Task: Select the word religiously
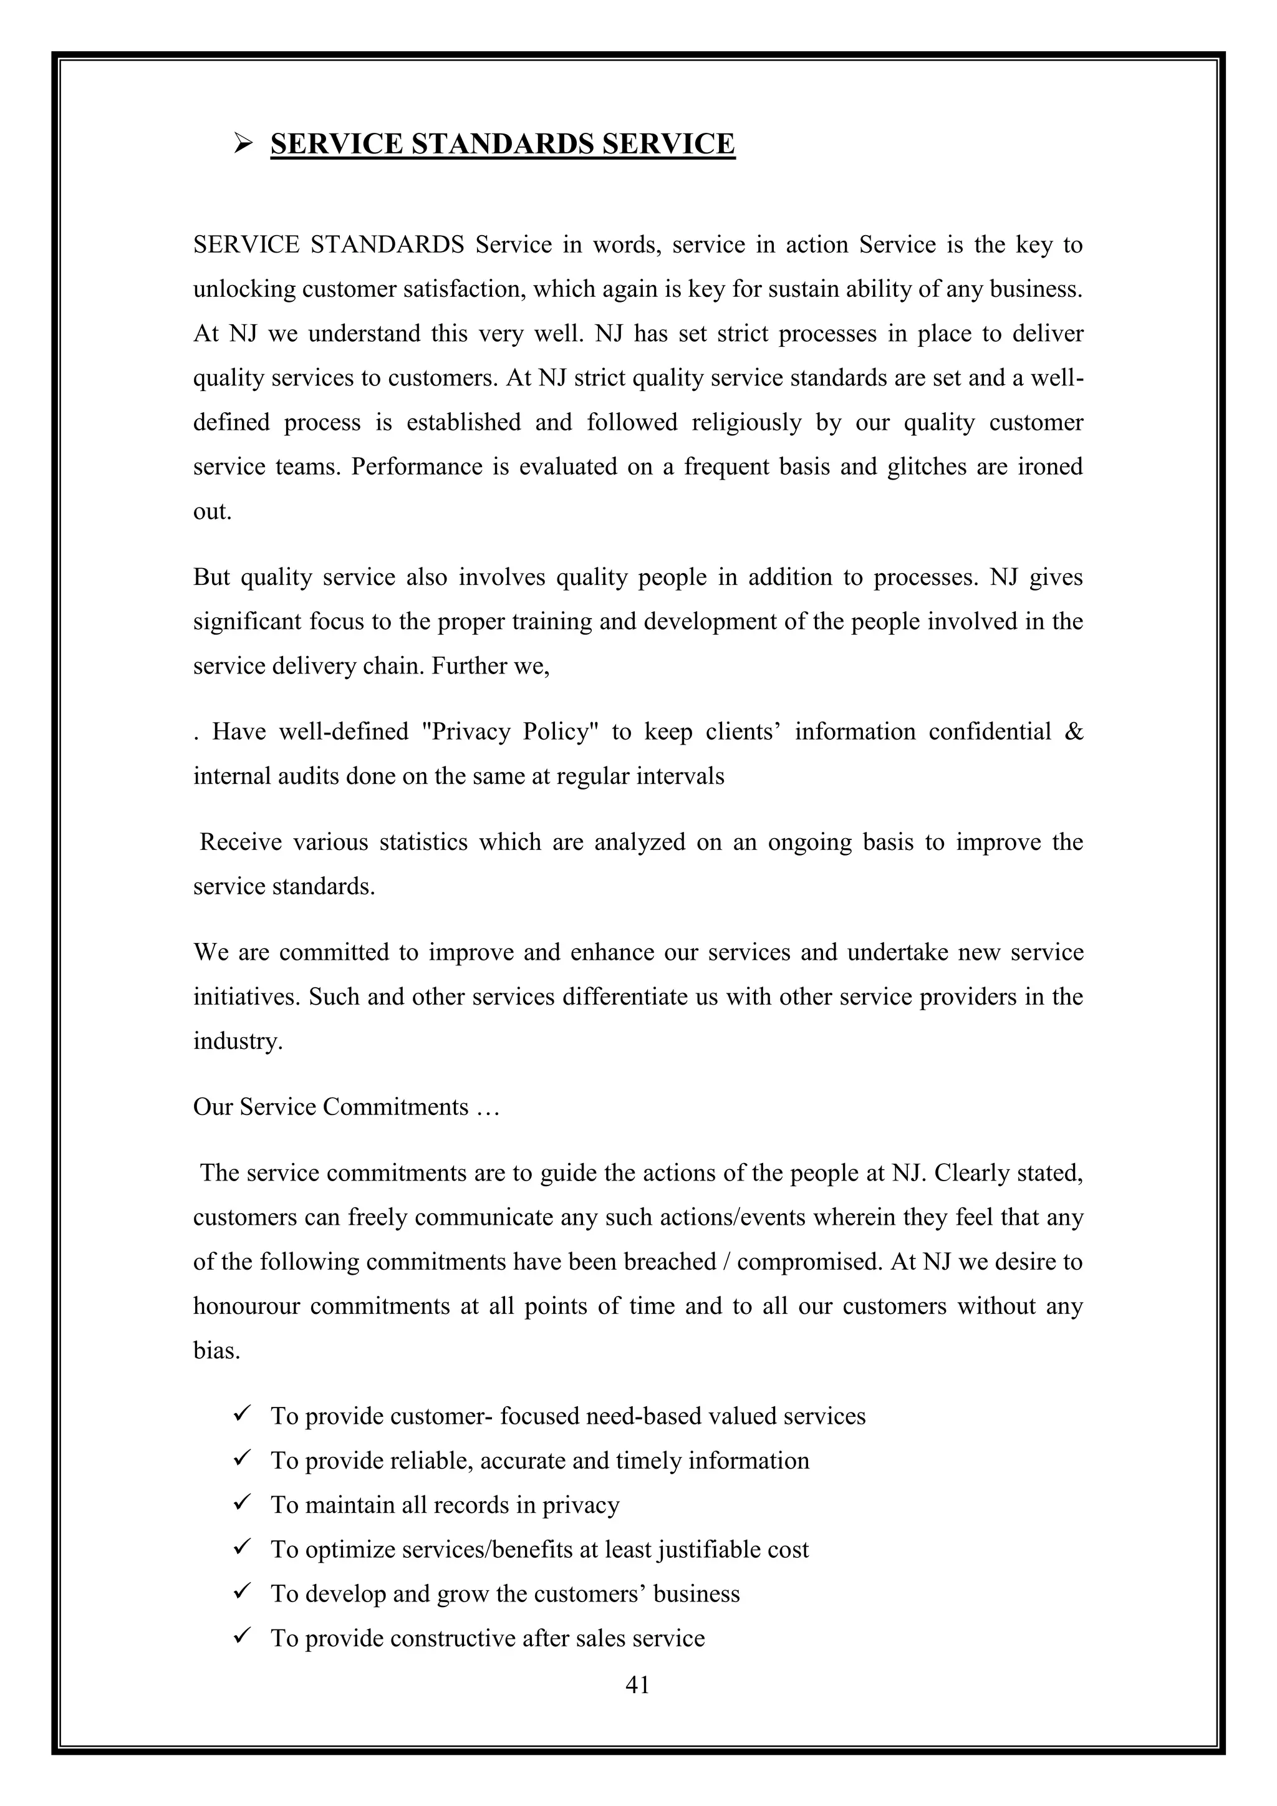(x=746, y=423)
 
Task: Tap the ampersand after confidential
(x=1073, y=732)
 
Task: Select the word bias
(x=216, y=1351)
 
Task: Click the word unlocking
(x=244, y=290)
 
